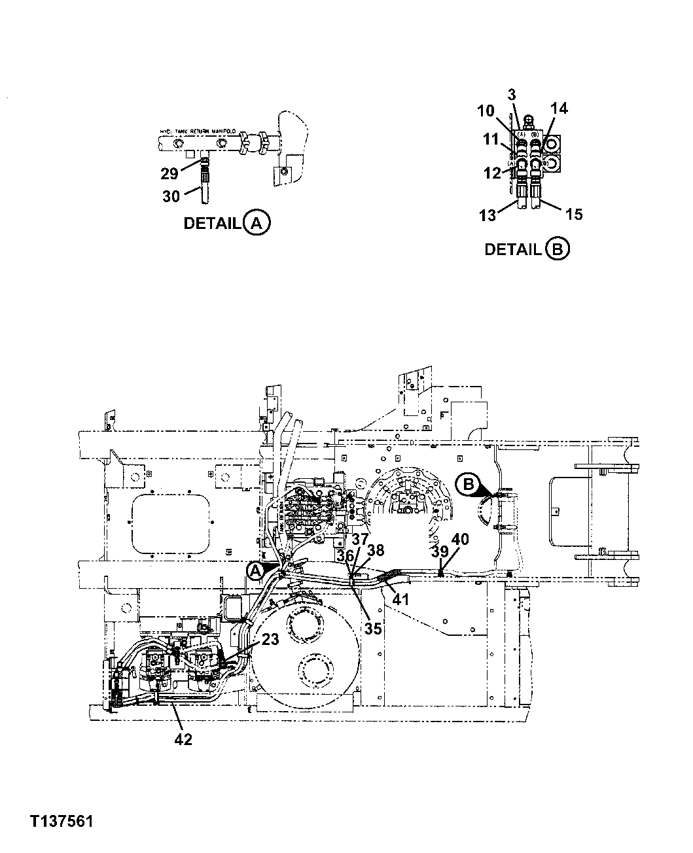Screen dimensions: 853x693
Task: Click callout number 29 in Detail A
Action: point(169,173)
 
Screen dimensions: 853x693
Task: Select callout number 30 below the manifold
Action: point(170,196)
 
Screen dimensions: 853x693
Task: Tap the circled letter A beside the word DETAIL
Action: point(257,223)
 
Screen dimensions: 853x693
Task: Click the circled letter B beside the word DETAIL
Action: point(557,249)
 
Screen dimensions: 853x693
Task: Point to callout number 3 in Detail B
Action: point(512,94)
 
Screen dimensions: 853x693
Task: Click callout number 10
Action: point(486,111)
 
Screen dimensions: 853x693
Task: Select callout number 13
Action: point(488,215)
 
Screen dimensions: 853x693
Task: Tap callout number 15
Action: point(573,214)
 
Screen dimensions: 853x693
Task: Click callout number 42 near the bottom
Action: point(183,739)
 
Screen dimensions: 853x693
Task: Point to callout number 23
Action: point(270,639)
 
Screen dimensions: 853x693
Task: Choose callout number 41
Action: point(400,599)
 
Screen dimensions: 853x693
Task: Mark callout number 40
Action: point(460,540)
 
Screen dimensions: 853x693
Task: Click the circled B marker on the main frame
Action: point(468,484)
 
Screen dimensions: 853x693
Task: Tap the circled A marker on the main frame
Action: point(255,571)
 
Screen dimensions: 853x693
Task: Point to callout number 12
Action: point(493,173)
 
